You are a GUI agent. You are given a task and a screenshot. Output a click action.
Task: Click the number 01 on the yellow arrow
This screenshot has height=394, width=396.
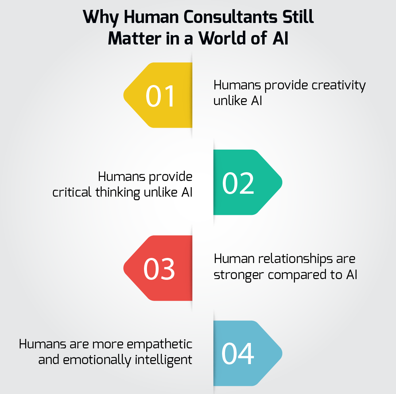(160, 96)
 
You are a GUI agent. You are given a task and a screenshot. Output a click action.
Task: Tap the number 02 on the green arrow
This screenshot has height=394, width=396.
(238, 183)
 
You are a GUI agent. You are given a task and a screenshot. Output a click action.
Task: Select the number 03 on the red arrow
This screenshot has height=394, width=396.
(159, 269)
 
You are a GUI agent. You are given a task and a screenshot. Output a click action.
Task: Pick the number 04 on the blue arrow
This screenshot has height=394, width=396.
(238, 354)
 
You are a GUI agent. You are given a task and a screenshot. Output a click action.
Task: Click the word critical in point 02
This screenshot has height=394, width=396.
(71, 192)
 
